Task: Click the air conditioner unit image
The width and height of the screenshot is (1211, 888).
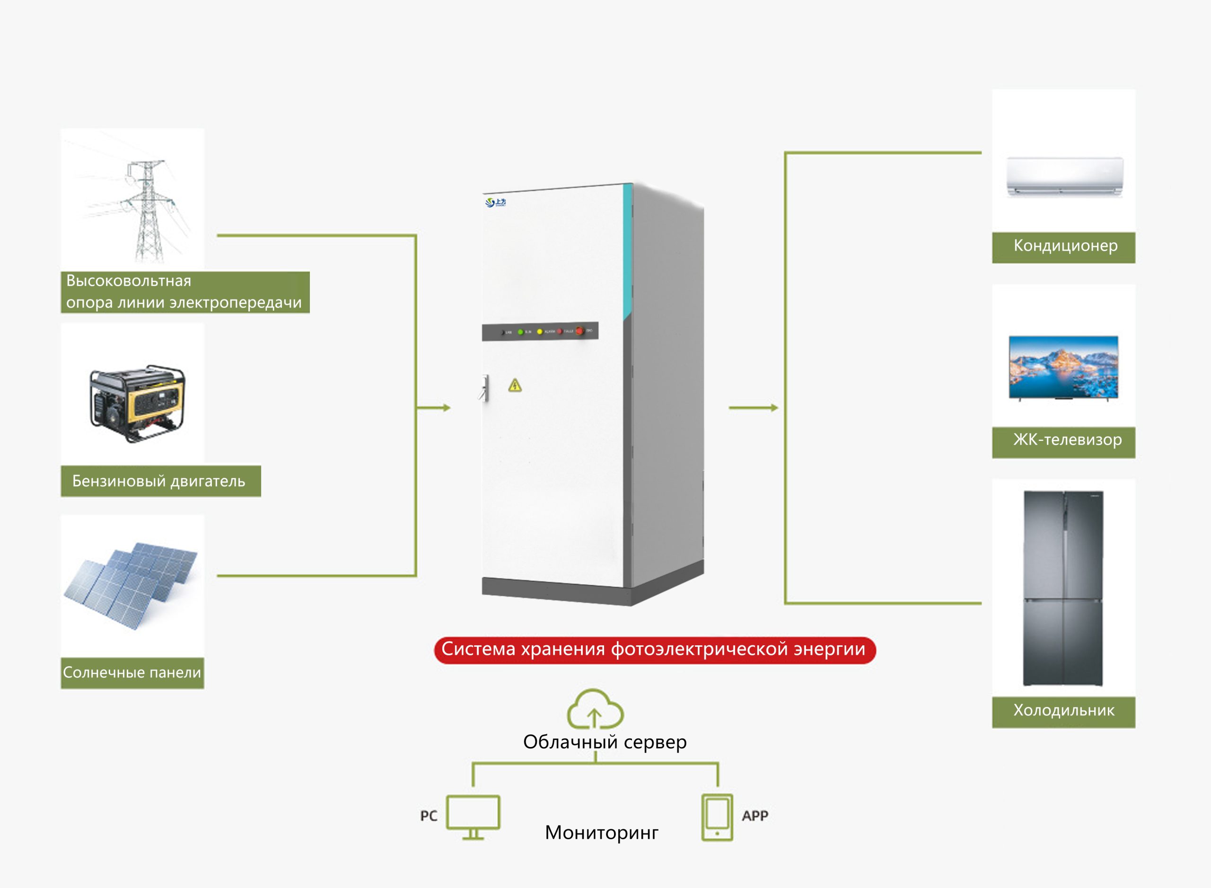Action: [x=1064, y=176]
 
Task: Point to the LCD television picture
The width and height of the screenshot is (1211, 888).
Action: [x=1063, y=368]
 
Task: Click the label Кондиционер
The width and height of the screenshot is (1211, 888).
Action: [x=1065, y=246]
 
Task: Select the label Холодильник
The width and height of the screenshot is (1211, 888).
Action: [x=1064, y=711]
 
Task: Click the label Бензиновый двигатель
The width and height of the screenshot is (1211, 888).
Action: [x=159, y=481]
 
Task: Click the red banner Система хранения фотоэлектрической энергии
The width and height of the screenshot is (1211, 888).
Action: [x=654, y=650]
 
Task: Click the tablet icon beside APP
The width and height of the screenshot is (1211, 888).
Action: [x=717, y=817]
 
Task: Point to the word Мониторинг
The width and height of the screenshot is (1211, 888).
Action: [x=601, y=833]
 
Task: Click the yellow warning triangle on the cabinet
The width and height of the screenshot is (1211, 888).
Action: [x=515, y=385]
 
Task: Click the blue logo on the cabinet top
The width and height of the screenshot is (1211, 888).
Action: [x=495, y=202]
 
